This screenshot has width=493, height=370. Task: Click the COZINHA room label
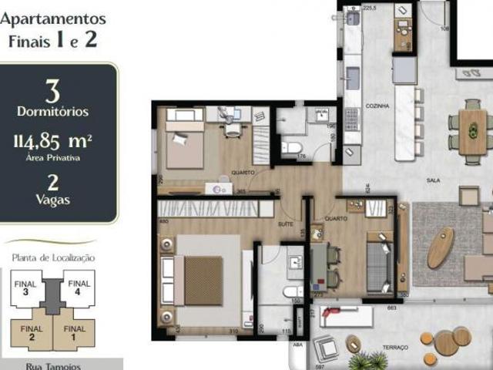[378, 106]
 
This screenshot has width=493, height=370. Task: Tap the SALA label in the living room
[433, 180]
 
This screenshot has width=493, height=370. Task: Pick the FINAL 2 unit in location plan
[32, 333]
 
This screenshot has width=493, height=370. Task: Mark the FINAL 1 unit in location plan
[74, 333]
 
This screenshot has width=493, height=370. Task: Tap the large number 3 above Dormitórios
[52, 92]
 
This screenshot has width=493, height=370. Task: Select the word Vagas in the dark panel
[52, 200]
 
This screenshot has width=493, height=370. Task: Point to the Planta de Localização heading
[52, 257]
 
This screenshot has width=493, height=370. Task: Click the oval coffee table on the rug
[441, 247]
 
